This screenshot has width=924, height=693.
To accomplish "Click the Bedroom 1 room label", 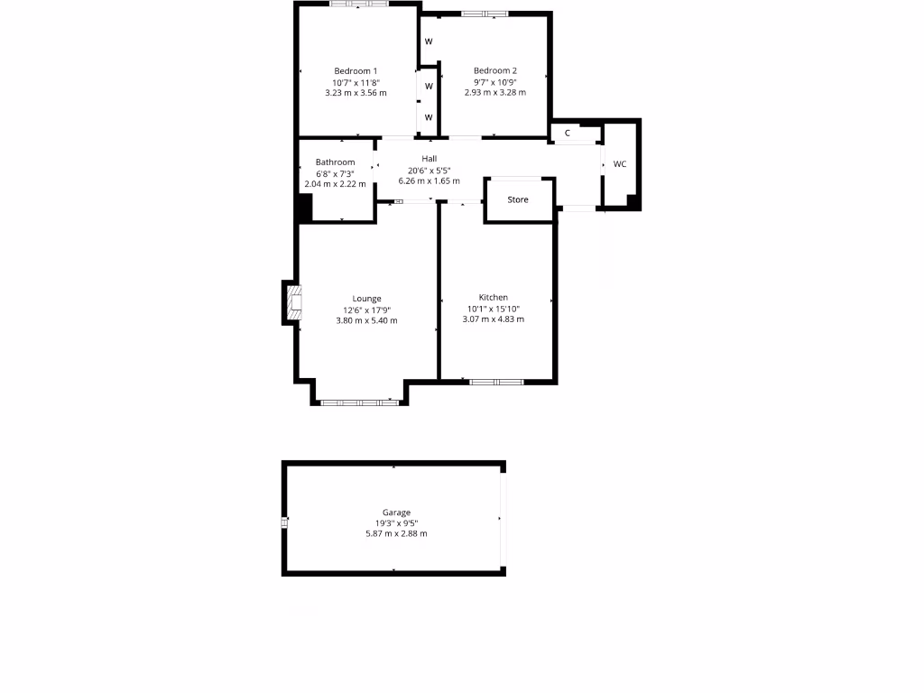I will pyautogui.click(x=356, y=71).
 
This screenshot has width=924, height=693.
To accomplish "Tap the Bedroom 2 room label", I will pyautogui.click(x=494, y=71).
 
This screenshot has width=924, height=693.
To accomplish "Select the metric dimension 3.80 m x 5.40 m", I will pyautogui.click(x=366, y=320).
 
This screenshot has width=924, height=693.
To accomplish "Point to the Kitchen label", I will pyautogui.click(x=494, y=298).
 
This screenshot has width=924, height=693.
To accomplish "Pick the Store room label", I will pyautogui.click(x=518, y=199).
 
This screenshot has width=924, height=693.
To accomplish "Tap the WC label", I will pyautogui.click(x=620, y=164).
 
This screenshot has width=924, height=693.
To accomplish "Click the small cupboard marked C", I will pyautogui.click(x=568, y=134).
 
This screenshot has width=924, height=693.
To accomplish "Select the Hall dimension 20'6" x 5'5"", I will pyautogui.click(x=430, y=170).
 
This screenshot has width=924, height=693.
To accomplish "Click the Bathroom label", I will pyautogui.click(x=335, y=162).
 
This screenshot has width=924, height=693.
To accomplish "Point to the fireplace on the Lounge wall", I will pyautogui.click(x=292, y=303).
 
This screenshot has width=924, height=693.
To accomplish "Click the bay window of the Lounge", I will pyautogui.click(x=359, y=402).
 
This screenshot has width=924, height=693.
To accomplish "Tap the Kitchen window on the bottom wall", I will pyautogui.click(x=496, y=382).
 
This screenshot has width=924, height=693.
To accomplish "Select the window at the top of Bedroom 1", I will pyautogui.click(x=359, y=5).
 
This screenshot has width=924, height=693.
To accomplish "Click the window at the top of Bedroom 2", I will pyautogui.click(x=485, y=14).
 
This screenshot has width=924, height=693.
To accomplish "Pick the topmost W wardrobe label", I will pyautogui.click(x=429, y=42).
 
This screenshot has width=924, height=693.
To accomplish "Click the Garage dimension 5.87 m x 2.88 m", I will pyautogui.click(x=396, y=533).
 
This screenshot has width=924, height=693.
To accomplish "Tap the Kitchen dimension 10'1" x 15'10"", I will pyautogui.click(x=494, y=309).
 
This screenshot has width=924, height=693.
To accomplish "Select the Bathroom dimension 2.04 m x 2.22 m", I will pyautogui.click(x=336, y=184).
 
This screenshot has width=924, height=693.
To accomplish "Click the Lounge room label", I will pyautogui.click(x=366, y=299).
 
